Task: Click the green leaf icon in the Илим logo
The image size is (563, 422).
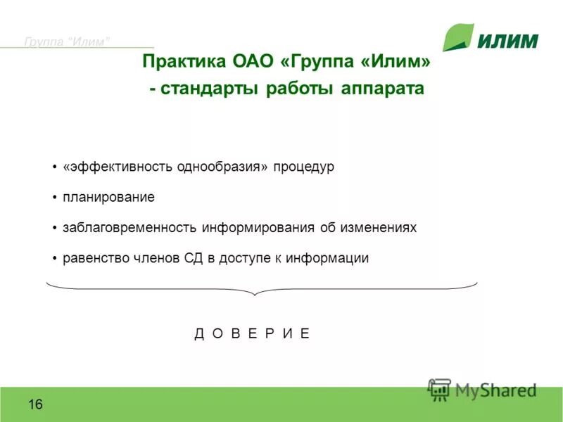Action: tap(458, 37)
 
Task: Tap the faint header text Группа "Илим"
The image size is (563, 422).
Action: tap(67, 41)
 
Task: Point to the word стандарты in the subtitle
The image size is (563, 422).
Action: tap(210, 90)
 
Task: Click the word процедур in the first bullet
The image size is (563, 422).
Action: tap(304, 167)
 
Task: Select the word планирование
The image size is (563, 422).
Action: tap(108, 198)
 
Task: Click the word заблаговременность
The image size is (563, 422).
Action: tap(129, 228)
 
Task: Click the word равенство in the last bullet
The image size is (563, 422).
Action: tap(96, 258)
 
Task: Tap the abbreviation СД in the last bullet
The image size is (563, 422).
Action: tap(193, 258)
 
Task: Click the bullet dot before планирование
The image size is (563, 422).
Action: tap(54, 198)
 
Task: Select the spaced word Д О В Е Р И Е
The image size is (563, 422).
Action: tap(252, 333)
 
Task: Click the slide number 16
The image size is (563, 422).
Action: tap(36, 404)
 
